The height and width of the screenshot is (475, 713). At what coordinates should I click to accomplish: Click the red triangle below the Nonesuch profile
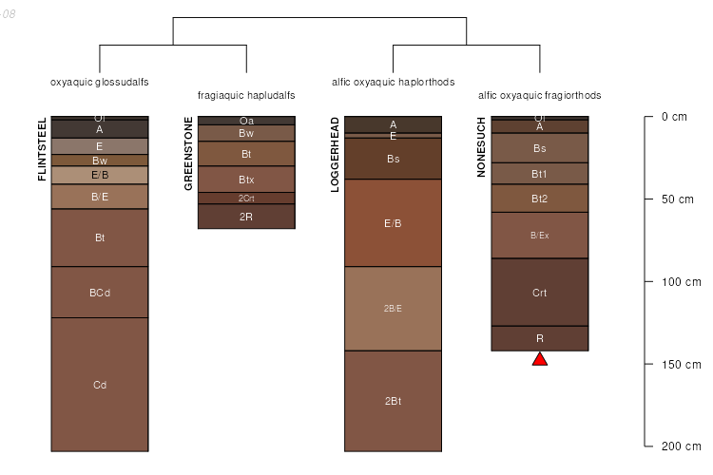click(540, 358)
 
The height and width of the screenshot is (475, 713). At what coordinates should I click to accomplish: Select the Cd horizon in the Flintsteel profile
click(100, 385)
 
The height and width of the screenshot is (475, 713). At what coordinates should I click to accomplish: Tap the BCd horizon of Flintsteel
click(100, 293)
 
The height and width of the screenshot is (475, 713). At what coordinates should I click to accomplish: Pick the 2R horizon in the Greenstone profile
click(246, 217)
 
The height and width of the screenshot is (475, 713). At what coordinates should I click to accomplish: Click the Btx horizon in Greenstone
click(246, 180)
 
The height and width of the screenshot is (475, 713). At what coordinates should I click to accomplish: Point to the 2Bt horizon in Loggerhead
click(393, 401)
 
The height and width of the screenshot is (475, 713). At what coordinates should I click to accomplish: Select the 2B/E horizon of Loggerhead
click(393, 309)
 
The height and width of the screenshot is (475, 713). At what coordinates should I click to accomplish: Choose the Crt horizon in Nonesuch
click(540, 293)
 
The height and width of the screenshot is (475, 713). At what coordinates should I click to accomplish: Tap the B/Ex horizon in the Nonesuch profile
click(540, 235)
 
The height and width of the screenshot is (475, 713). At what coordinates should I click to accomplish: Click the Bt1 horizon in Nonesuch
click(540, 174)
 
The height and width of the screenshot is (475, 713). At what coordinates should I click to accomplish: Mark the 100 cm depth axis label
click(680, 282)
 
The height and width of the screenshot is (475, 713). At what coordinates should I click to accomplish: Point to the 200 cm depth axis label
click(680, 446)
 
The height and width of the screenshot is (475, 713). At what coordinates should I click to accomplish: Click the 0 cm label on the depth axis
click(673, 118)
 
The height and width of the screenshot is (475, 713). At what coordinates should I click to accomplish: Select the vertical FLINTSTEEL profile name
click(42, 150)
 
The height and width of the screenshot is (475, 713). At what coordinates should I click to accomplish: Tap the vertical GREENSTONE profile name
click(188, 154)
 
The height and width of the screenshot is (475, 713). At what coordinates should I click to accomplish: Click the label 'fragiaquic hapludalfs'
click(246, 96)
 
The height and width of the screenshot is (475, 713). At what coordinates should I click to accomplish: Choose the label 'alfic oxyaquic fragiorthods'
click(540, 96)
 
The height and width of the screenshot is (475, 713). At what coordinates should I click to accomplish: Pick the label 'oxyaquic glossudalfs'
click(100, 82)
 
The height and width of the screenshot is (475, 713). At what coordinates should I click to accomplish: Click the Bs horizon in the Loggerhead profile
click(393, 160)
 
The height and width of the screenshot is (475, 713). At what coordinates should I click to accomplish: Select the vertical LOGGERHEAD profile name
click(335, 155)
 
